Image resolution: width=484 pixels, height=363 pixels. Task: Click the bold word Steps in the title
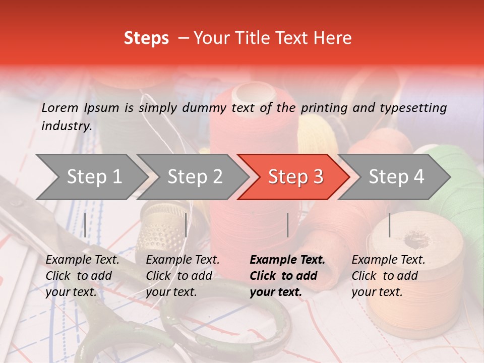(x=146, y=38)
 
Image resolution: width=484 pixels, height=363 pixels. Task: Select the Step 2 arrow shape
(x=192, y=177)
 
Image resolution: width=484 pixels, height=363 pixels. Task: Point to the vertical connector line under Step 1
(x=85, y=225)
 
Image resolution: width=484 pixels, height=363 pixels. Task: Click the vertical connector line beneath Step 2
(x=186, y=225)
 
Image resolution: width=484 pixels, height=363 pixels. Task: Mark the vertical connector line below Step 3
(x=288, y=225)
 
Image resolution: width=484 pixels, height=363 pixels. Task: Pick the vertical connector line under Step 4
(x=389, y=225)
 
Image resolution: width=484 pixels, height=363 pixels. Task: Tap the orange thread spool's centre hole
(x=416, y=241)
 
